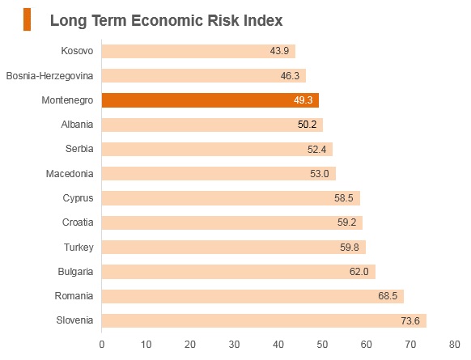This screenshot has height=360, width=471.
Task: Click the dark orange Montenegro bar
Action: (210, 100)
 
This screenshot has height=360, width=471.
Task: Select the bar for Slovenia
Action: (264, 320)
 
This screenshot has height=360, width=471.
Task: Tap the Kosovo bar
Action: (198, 51)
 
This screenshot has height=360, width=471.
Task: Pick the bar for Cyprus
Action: (231, 198)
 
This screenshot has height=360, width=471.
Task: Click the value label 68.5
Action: (388, 296)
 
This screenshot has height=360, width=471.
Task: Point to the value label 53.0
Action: (320, 174)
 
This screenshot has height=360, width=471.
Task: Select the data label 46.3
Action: (290, 76)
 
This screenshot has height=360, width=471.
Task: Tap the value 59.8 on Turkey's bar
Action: (350, 248)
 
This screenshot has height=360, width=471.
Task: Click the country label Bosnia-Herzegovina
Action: (49, 76)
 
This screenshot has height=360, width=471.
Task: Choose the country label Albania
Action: (77, 125)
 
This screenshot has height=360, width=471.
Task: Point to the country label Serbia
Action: (79, 149)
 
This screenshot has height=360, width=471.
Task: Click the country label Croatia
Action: (78, 222)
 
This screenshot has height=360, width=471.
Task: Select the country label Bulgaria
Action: (75, 272)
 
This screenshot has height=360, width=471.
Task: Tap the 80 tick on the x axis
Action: (454, 345)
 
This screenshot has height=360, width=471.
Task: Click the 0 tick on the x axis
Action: (102, 345)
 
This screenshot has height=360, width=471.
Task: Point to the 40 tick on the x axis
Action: (278, 345)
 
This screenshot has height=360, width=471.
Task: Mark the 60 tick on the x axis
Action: (366, 345)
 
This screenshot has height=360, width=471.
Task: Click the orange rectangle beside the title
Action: (27, 19)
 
